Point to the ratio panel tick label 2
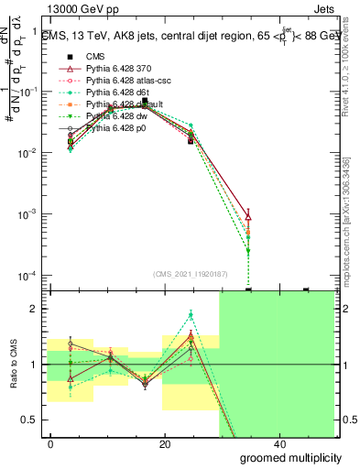[35, 309]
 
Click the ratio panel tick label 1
[35, 365]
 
